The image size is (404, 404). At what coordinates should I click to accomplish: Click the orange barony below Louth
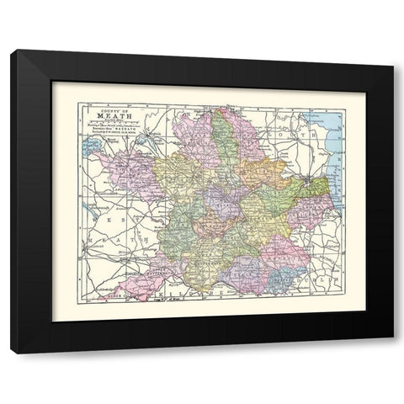[x=252, y=168]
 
